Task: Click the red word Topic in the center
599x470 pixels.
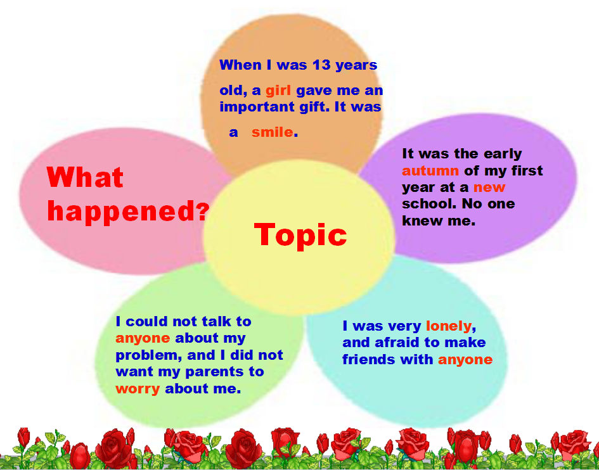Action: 300,235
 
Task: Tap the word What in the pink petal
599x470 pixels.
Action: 85,177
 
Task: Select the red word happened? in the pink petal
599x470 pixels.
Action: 128,211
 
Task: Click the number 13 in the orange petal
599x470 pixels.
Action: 321,65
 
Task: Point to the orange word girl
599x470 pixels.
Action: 278,91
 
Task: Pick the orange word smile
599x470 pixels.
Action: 273,132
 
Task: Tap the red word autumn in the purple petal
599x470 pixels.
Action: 430,170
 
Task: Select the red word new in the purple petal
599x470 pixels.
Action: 489,187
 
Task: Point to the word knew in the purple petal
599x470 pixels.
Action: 421,220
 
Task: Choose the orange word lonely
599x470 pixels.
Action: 449,326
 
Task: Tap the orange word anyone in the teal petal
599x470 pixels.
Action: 465,360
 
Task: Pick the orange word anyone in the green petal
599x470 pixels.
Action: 143,338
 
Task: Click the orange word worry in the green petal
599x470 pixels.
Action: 138,389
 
